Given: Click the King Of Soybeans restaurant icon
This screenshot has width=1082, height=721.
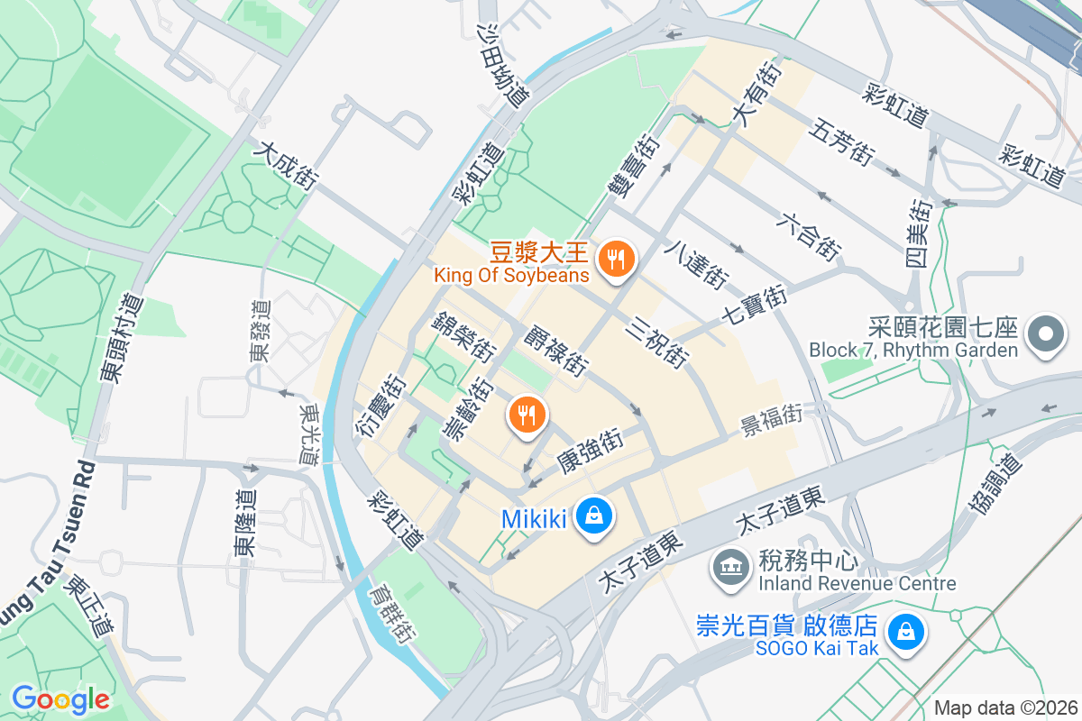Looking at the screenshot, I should (617, 260).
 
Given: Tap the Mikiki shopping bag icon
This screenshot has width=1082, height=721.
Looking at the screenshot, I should (594, 516).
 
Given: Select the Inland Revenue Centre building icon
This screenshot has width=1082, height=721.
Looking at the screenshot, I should (728, 567).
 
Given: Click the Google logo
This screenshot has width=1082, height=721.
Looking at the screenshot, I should (60, 698).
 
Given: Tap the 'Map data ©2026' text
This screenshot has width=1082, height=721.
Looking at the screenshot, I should (1004, 708).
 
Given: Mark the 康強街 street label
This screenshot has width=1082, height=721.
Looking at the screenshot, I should (591, 451).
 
